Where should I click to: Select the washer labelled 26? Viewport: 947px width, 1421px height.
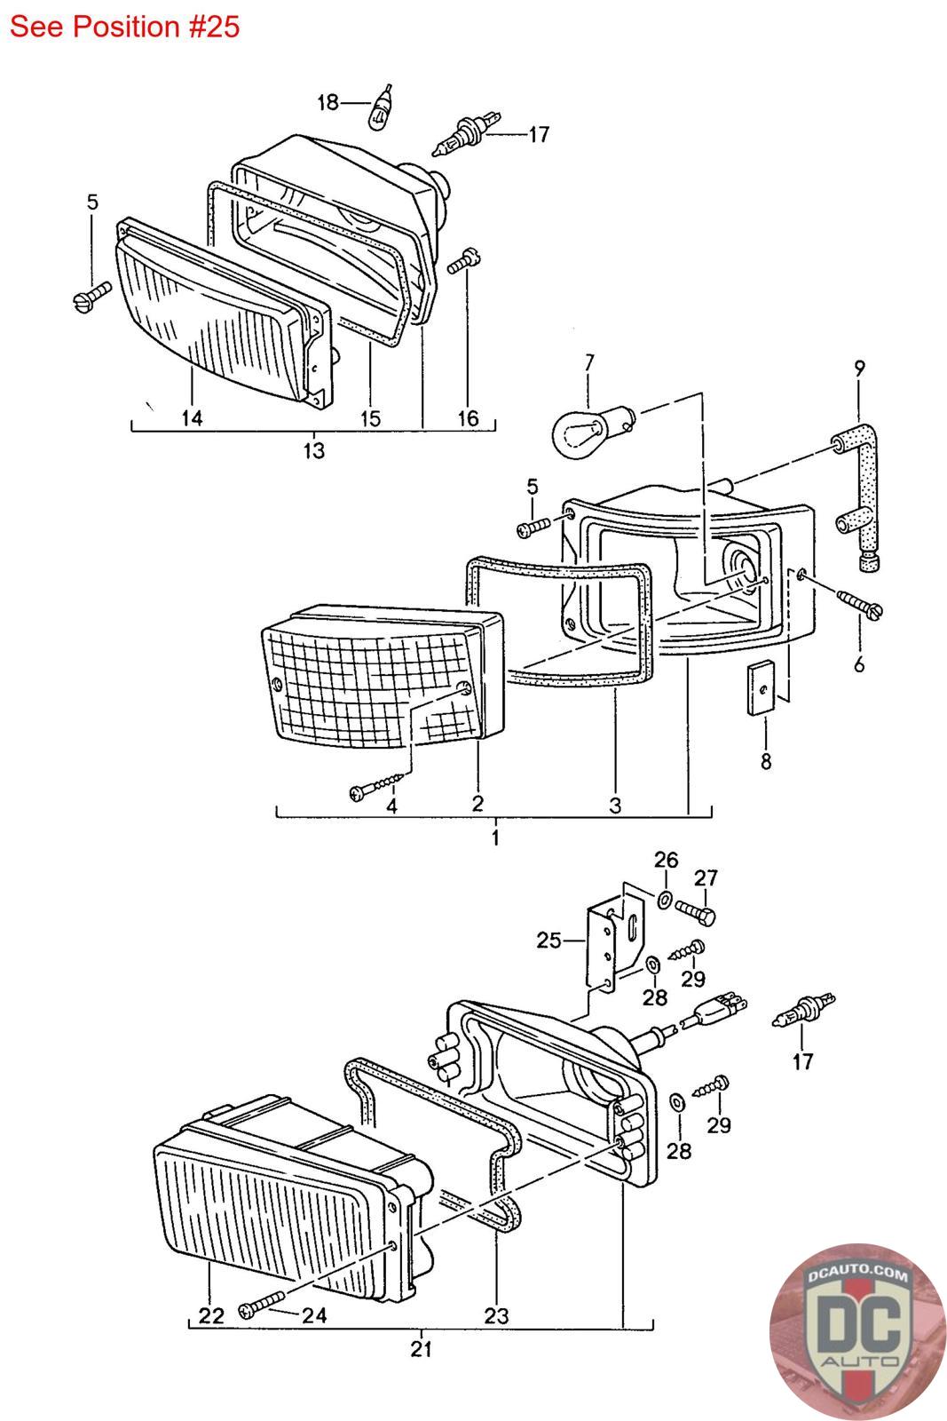665,901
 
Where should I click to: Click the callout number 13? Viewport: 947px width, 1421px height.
313,450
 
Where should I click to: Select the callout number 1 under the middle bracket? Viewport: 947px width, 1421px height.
495,838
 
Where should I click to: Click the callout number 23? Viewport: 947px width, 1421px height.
496,1314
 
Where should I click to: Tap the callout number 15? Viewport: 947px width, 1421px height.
371,417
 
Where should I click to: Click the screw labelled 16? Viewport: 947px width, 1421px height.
465,264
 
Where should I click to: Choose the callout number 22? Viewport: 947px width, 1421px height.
210,1315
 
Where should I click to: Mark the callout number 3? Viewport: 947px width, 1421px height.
615,806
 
